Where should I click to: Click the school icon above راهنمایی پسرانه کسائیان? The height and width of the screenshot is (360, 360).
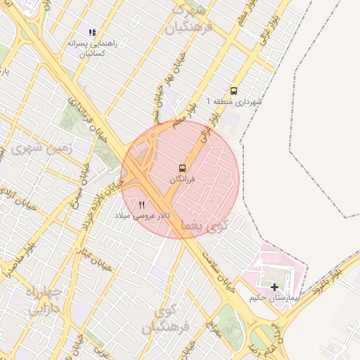pyautogui.click(x=91, y=32)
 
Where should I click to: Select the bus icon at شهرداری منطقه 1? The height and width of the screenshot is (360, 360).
pyautogui.click(x=233, y=91)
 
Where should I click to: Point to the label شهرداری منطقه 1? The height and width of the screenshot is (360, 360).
pyautogui.click(x=233, y=102)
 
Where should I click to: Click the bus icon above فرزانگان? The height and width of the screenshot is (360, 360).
pyautogui.click(x=183, y=168)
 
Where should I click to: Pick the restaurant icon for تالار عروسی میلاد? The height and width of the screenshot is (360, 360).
pyautogui.click(x=142, y=205)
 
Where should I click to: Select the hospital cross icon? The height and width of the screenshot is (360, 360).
pyautogui.click(x=274, y=286)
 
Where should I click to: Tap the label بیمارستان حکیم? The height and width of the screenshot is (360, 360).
pyautogui.click(x=274, y=298)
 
